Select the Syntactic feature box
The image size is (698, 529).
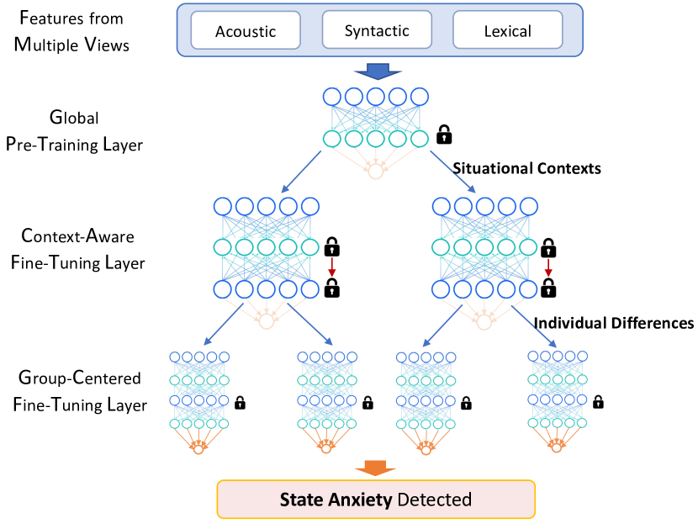pyautogui.click(x=376, y=31)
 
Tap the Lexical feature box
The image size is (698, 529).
pyautogui.click(x=507, y=32)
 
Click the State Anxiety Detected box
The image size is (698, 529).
pyautogui.click(x=376, y=500)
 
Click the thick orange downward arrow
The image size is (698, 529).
pyautogui.click(x=376, y=467)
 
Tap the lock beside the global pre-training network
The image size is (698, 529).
pyautogui.click(x=444, y=134)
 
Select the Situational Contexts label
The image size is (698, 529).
pyautogui.click(x=526, y=168)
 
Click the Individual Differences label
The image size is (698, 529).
pyautogui.click(x=613, y=322)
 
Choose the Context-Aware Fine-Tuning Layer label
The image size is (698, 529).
pyautogui.click(x=79, y=250)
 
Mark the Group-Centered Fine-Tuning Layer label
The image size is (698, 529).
pyautogui.click(x=80, y=391)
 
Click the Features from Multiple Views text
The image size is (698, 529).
pyautogui.click(x=72, y=30)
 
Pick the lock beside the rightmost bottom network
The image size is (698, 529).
pyautogui.click(x=598, y=402)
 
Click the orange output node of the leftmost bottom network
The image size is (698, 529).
pyautogui.click(x=198, y=449)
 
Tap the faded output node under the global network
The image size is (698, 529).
pyautogui.click(x=375, y=172)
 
